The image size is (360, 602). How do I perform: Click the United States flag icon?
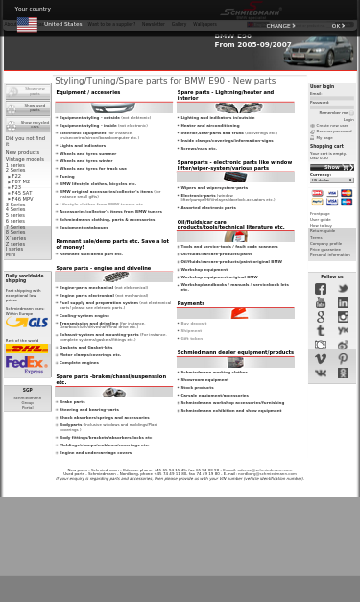pos(27,25)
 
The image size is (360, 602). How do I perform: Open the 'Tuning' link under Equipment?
pos(66,176)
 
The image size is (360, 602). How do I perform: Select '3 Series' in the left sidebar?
pos(15,205)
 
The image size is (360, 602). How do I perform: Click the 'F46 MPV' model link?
pos(22,199)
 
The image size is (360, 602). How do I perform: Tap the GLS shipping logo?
pos(26,324)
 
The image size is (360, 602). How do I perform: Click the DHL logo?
pos(26,349)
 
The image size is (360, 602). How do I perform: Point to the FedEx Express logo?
pos(26,365)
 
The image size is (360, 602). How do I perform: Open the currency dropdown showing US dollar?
pos(331,180)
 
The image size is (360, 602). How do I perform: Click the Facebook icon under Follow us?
pos(321,289)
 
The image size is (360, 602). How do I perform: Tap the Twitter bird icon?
pos(343,289)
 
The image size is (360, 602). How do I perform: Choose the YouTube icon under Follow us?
pos(321,302)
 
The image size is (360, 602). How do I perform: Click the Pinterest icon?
pos(343,359)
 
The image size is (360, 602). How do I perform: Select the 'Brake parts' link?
pos(72,402)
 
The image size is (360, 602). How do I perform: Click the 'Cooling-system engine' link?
pos(84,315)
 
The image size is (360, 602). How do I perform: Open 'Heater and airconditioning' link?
pos(209,126)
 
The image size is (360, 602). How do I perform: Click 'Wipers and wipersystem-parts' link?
pos(214,188)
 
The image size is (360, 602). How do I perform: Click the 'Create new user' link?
pos(331,126)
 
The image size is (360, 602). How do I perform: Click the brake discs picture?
pos(113,392)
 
